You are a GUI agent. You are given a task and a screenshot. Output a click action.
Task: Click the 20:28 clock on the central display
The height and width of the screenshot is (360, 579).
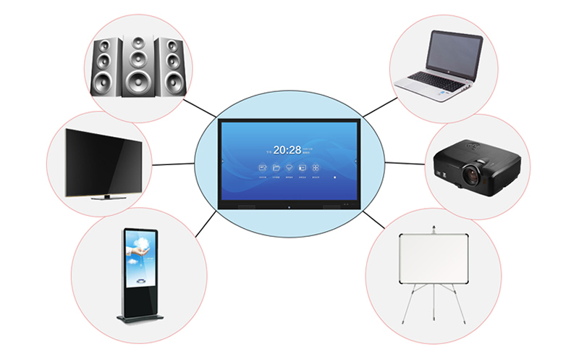[x=287, y=150]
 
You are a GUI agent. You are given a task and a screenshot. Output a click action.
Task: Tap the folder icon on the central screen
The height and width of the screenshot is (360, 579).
[x=276, y=168]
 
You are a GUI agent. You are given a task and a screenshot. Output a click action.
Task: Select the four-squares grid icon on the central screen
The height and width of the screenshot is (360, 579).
[x=315, y=168]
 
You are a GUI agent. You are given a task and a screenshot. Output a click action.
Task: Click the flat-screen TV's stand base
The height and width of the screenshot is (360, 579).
[x=106, y=196]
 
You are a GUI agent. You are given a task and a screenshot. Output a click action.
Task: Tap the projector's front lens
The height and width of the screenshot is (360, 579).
[x=473, y=173]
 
